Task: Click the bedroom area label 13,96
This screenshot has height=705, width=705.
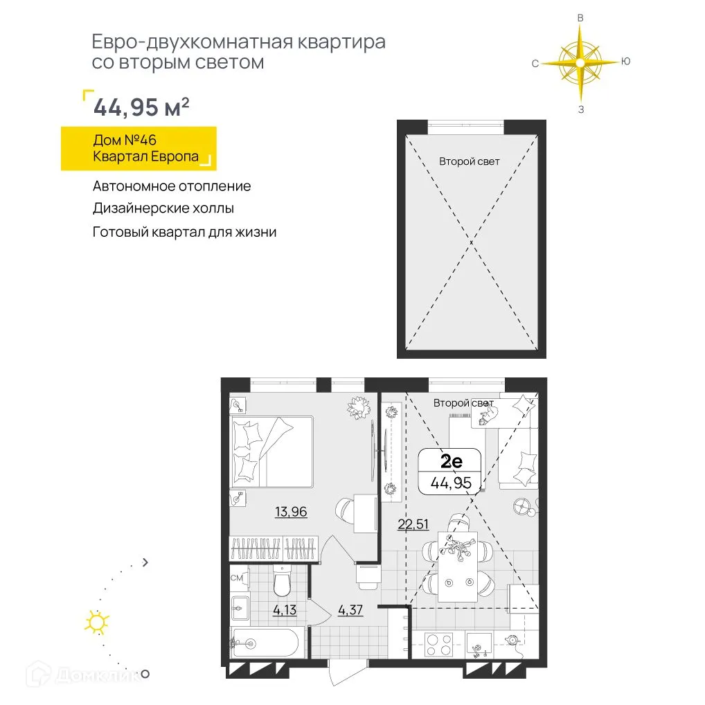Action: [291, 512]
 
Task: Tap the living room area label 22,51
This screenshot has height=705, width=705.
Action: [413, 524]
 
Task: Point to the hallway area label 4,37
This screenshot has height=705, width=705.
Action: [350, 611]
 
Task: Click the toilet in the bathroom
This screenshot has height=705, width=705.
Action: [282, 582]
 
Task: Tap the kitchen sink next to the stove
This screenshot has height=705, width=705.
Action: [480, 645]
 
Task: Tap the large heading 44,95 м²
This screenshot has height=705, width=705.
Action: [141, 108]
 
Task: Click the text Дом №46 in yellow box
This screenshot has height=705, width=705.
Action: [125, 141]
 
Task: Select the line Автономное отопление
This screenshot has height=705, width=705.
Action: [172, 186]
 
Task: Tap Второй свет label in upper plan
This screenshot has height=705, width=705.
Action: [469, 161]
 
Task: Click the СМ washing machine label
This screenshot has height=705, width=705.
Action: [235, 575]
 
